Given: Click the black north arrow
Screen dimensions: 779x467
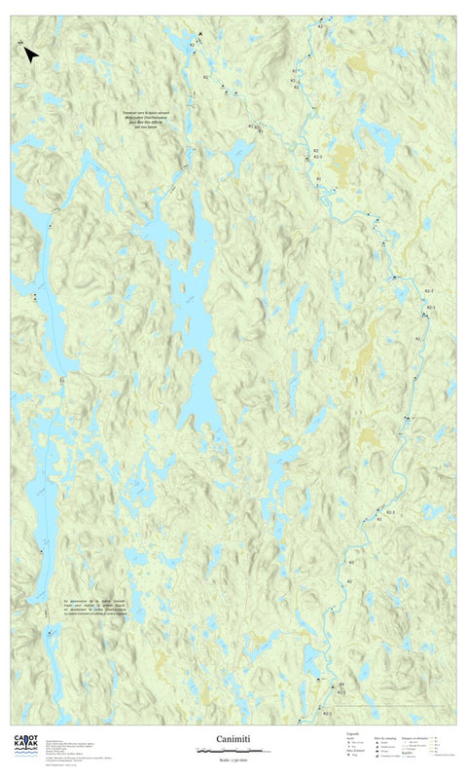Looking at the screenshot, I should tap(30, 55).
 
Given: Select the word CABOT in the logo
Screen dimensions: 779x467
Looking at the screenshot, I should tap(25, 738).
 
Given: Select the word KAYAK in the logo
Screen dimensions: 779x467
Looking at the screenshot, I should tap(25, 746).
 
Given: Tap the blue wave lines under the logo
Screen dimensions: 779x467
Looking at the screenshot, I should tap(25, 756).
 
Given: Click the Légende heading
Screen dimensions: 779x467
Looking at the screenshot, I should tap(353, 734).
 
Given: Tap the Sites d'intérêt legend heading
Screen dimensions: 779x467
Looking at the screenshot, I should tap(354, 751).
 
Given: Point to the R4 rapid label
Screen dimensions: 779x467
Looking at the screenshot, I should tap(341, 686).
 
